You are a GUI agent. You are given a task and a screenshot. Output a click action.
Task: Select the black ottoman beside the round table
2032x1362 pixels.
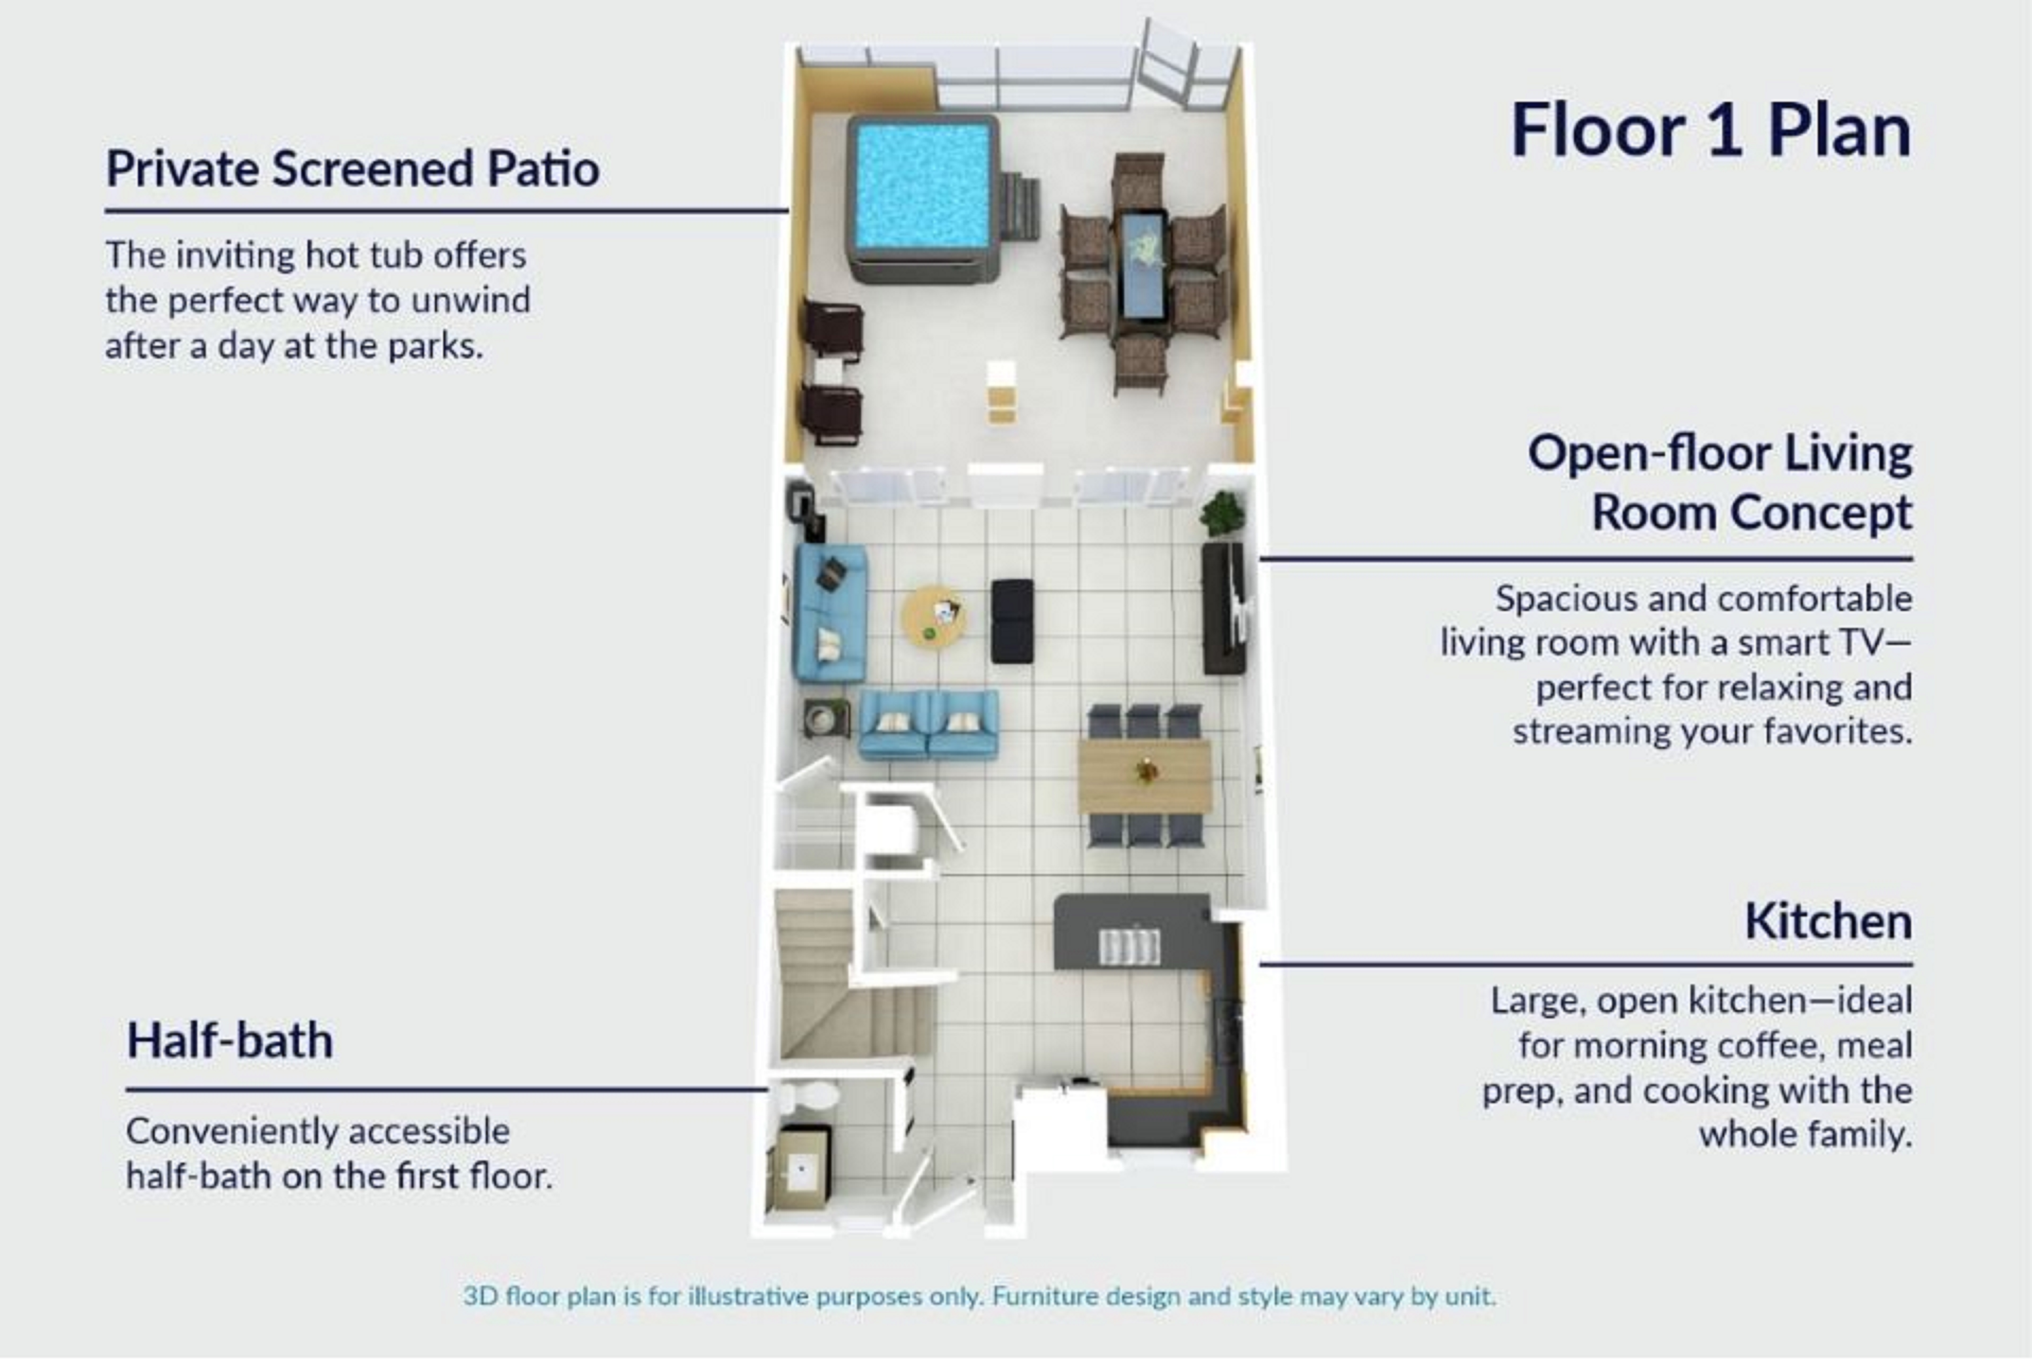point(1013,620)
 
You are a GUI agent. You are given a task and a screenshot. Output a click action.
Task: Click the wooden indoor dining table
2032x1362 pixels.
point(1145,775)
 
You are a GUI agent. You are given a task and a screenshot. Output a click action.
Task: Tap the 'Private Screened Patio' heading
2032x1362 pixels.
point(352,168)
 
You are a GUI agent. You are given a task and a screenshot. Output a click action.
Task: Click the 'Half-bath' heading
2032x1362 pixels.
point(229,1040)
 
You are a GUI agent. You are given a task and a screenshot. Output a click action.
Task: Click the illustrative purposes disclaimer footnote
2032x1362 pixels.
point(980,1296)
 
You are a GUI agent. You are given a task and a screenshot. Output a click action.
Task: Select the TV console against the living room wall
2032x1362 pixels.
point(1223,608)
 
